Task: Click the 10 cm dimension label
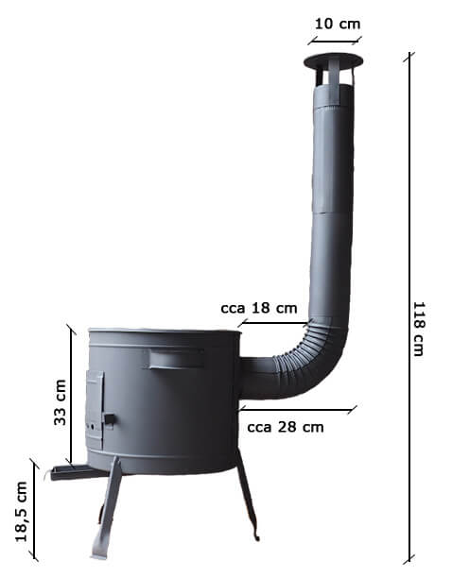click(338, 25)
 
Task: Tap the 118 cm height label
click(419, 330)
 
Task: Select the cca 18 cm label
click(259, 308)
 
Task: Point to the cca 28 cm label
click(286, 427)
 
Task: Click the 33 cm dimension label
click(61, 402)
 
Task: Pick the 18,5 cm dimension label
click(22, 511)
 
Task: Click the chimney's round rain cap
click(334, 61)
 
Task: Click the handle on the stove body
click(177, 358)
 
